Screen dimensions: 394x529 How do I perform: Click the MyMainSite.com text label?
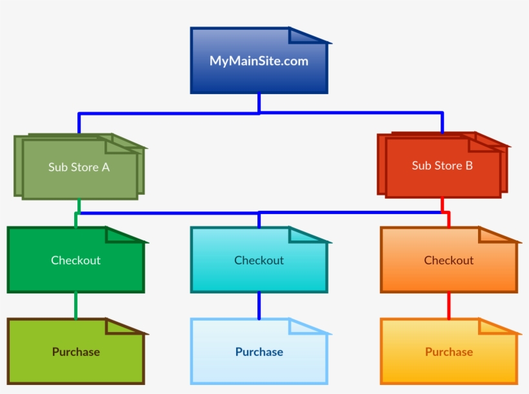point(259,61)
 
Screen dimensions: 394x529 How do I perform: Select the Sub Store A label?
point(79,167)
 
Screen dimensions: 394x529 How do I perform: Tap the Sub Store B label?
point(442,166)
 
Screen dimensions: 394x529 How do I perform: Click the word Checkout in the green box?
point(75,261)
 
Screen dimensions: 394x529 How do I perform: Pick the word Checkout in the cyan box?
point(259,261)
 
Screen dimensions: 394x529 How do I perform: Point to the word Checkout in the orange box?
point(448,261)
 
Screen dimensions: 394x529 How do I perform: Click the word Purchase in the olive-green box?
point(75,352)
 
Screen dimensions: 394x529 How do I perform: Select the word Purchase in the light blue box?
point(259,352)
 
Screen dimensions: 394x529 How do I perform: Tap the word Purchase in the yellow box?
point(448,352)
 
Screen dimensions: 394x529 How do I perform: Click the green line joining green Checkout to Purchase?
point(75,306)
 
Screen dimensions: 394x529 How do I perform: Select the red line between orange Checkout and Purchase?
point(448,306)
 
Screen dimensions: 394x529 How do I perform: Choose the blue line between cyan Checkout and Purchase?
point(259,306)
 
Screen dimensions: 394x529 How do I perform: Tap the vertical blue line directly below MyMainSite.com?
point(259,103)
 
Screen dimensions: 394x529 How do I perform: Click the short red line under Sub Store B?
point(443,204)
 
